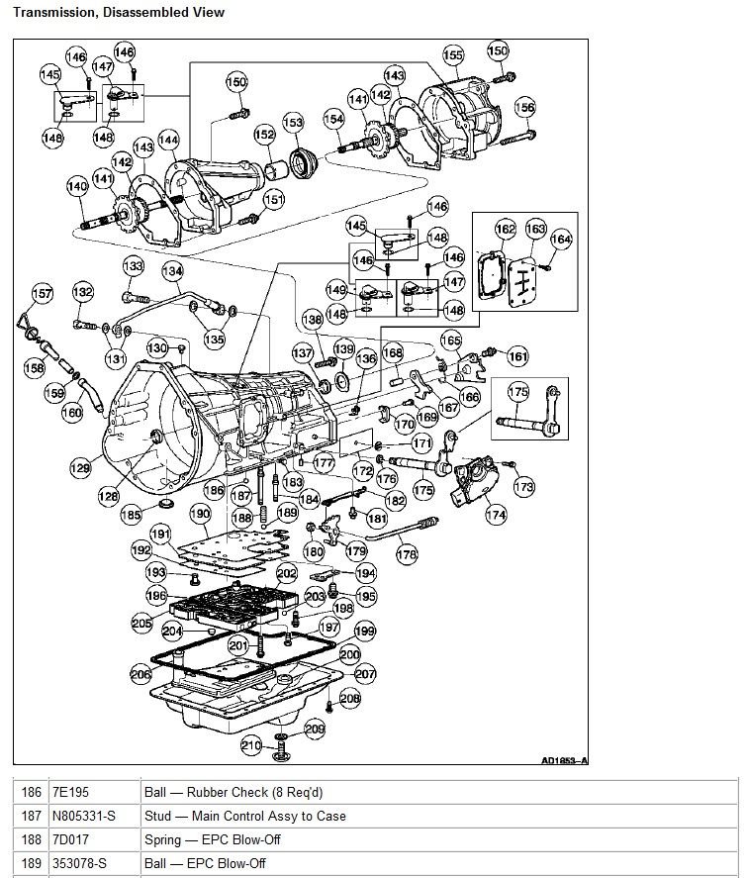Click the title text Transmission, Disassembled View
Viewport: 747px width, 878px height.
pyautogui.click(x=118, y=13)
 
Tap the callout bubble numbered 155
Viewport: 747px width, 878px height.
pyautogui.click(x=452, y=55)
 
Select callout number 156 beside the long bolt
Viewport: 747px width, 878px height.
pyautogui.click(x=525, y=108)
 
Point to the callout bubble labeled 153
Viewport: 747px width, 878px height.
pyautogui.click(x=294, y=122)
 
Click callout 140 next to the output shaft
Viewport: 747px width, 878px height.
pyautogui.click(x=77, y=186)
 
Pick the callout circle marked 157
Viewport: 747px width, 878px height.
pyautogui.click(x=42, y=293)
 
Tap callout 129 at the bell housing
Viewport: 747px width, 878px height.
pyautogui.click(x=78, y=466)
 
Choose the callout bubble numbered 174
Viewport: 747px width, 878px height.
pyautogui.click(x=495, y=515)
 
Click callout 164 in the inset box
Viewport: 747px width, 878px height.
pyautogui.click(x=561, y=239)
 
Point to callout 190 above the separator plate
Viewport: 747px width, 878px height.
pyautogui.click(x=200, y=514)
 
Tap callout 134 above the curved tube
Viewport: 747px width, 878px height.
pyautogui.click(x=173, y=270)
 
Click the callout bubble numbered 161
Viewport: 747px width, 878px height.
pyautogui.click(x=517, y=355)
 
